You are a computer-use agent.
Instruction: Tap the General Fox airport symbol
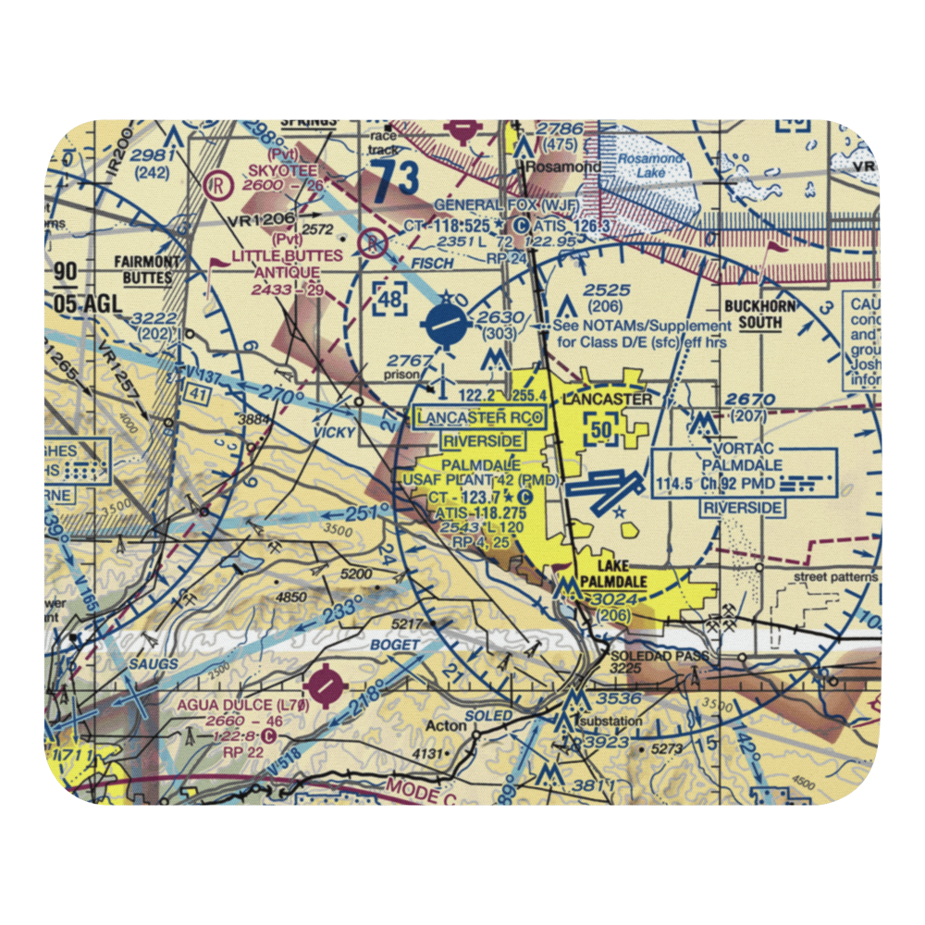(522, 225)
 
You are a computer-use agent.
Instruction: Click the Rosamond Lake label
(650, 166)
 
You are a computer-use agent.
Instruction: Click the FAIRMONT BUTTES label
(143, 269)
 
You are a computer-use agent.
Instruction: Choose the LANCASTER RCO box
(478, 418)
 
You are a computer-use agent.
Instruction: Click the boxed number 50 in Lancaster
(602, 429)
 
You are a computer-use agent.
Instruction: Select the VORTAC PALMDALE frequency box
(744, 473)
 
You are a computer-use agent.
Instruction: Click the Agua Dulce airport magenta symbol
(326, 685)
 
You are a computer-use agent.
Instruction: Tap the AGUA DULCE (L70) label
(241, 704)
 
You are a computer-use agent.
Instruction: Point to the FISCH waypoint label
(432, 264)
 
